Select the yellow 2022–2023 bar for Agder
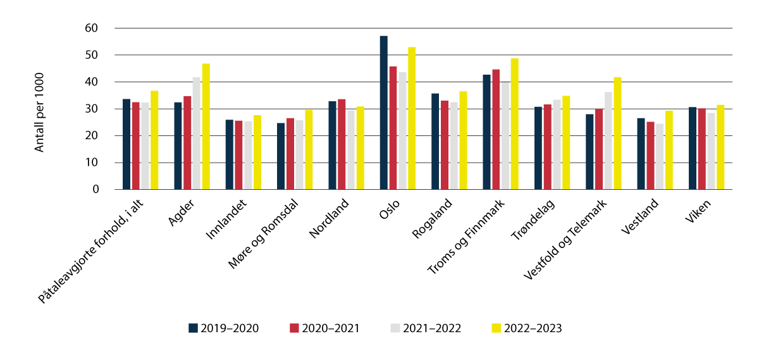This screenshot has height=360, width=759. click(206, 127)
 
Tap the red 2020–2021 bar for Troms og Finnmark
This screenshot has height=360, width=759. click(495, 130)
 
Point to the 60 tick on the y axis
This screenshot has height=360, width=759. click(92, 28)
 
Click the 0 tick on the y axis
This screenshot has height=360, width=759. click(96, 189)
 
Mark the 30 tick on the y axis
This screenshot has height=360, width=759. click(92, 109)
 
